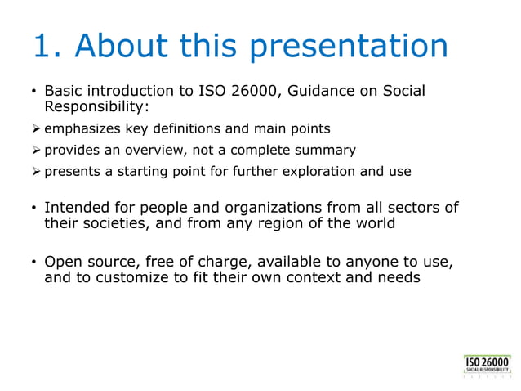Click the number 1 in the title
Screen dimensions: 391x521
[42, 47]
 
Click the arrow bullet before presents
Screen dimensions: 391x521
[36, 172]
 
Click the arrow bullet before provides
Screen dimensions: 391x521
[36, 151]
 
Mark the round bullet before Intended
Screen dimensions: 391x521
[33, 208]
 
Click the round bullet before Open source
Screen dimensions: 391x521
[33, 263]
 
